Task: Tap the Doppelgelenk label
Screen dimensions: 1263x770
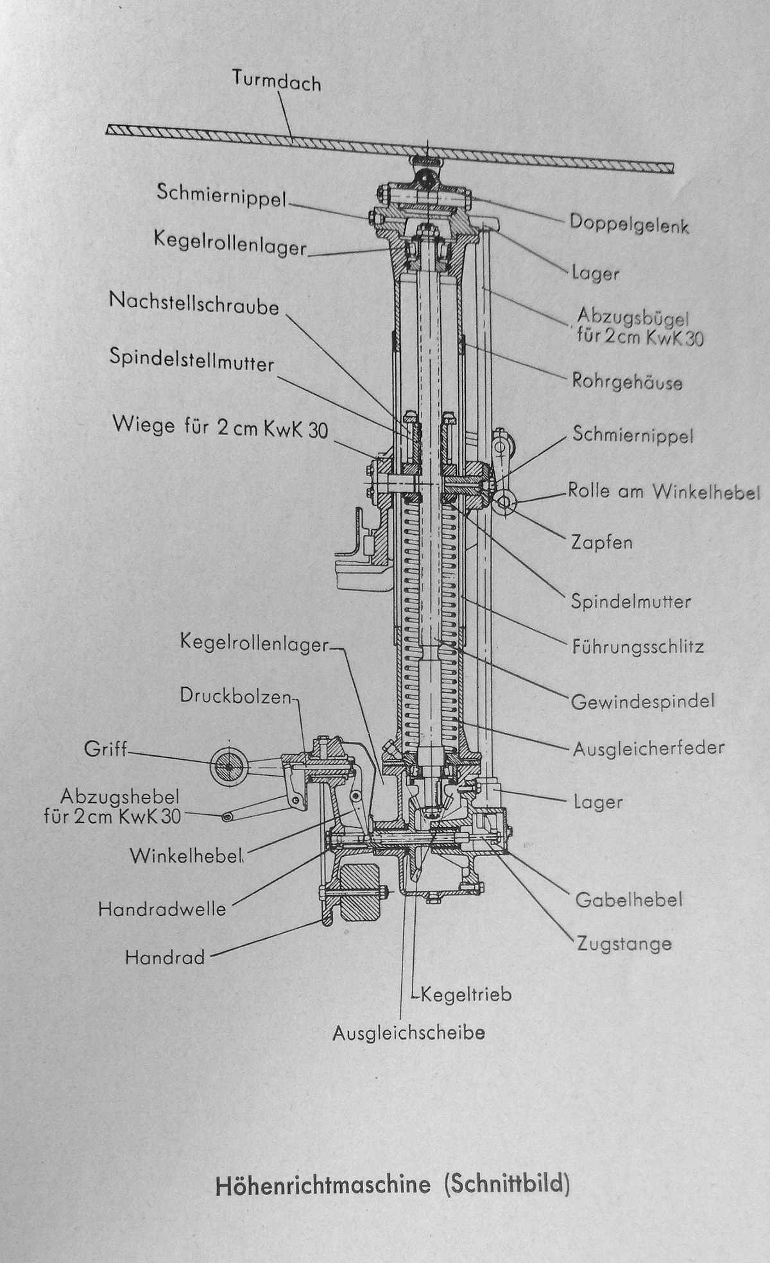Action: click(628, 225)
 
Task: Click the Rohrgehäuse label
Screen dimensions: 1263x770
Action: click(626, 382)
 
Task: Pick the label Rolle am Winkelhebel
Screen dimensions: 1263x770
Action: click(663, 492)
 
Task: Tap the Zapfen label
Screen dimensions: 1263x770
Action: click(601, 542)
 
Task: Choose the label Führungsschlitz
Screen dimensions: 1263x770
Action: click(638, 646)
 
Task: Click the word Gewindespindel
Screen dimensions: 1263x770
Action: click(642, 701)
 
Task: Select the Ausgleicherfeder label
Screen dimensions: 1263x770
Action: click(647, 748)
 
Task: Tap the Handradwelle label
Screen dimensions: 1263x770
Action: click(162, 909)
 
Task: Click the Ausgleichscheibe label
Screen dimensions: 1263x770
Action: click(408, 1033)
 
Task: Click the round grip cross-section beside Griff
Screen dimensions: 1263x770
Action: click(228, 766)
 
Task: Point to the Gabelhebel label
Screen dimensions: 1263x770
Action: click(628, 900)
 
